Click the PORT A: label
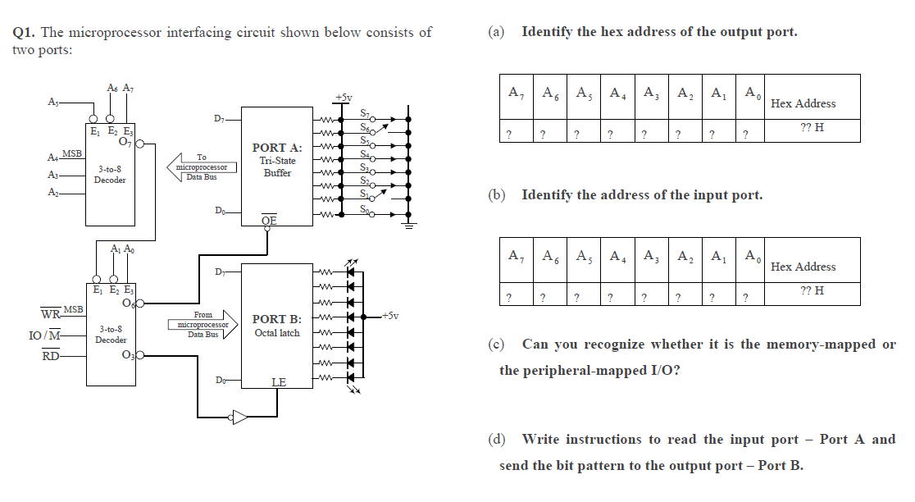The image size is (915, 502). pos(277,148)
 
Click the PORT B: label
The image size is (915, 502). pos(277,319)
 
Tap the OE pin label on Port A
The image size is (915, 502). pos(269,221)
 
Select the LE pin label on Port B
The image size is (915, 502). pos(279,383)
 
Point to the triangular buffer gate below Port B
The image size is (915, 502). pos(239,417)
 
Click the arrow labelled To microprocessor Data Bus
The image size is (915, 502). pos(200,167)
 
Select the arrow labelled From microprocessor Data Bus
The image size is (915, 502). pos(202,324)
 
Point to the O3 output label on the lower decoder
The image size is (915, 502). pos(127,355)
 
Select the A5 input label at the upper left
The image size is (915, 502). pos(53,103)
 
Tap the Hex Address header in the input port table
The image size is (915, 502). pos(803,267)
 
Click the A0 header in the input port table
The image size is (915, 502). pos(750,256)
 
